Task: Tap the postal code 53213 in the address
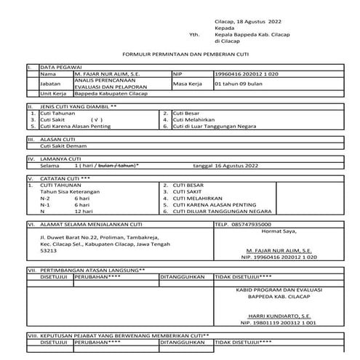47,250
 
